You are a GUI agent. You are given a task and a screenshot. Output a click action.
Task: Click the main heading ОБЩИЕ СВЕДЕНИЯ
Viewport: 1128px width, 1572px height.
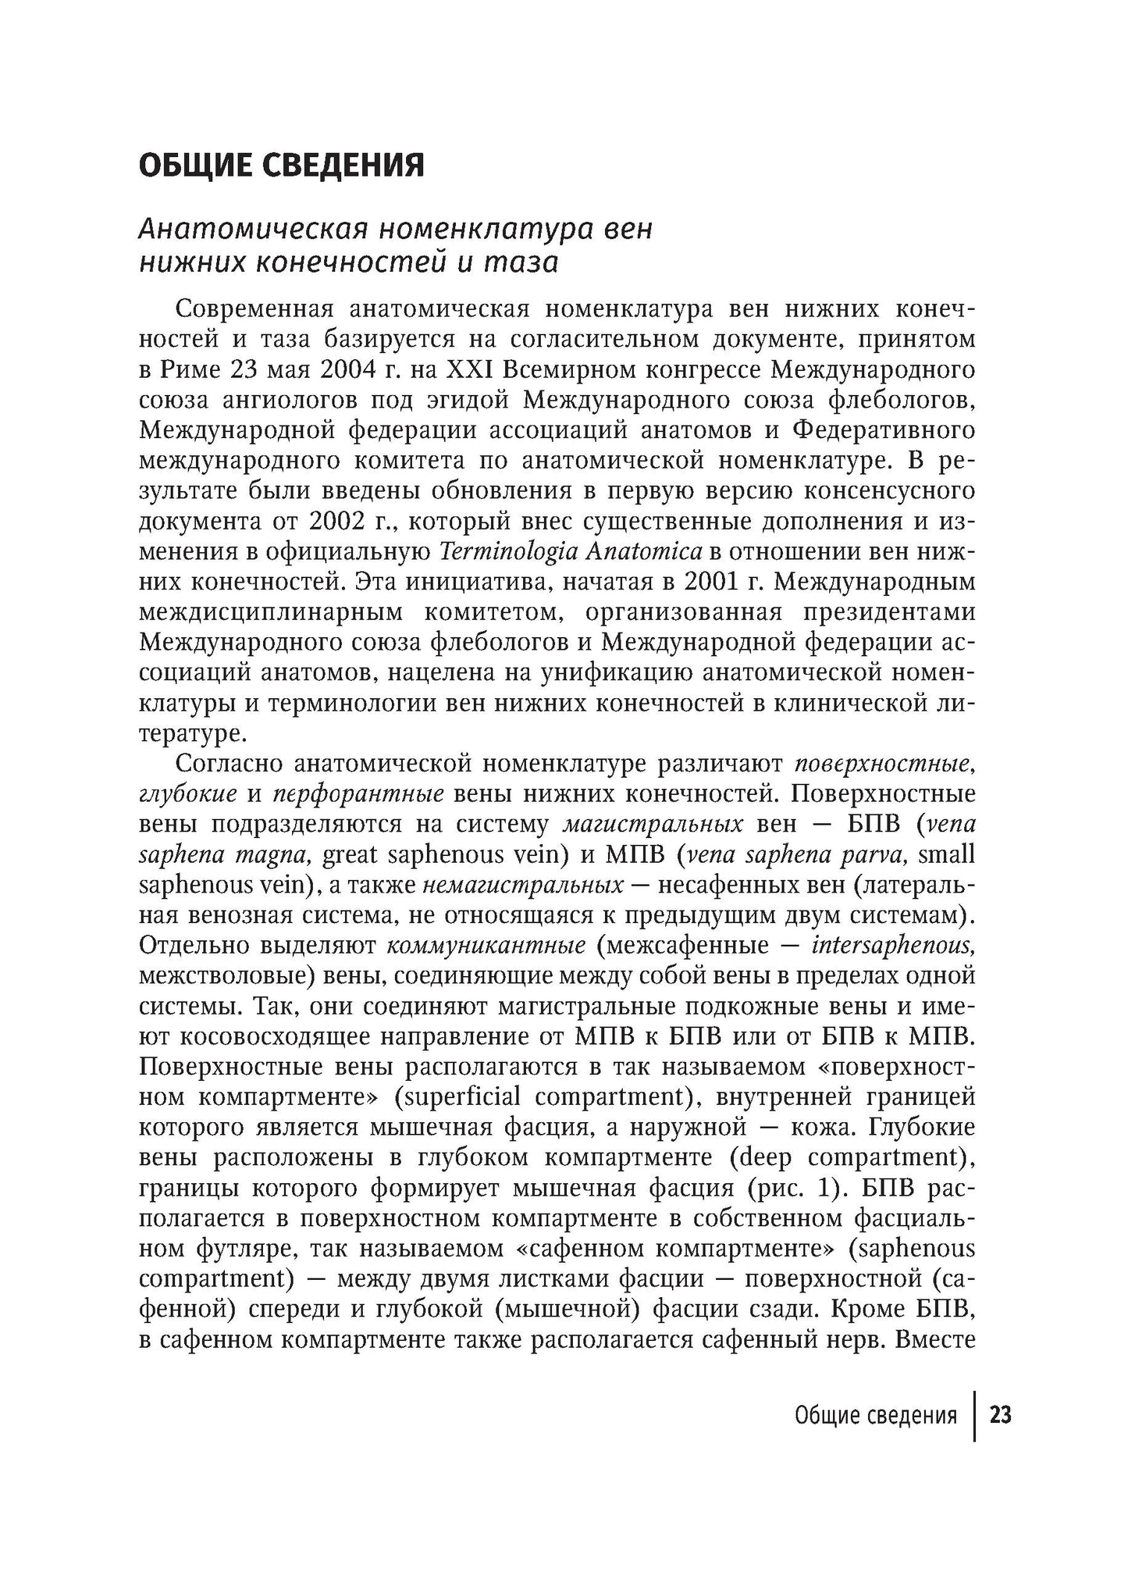(281, 166)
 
